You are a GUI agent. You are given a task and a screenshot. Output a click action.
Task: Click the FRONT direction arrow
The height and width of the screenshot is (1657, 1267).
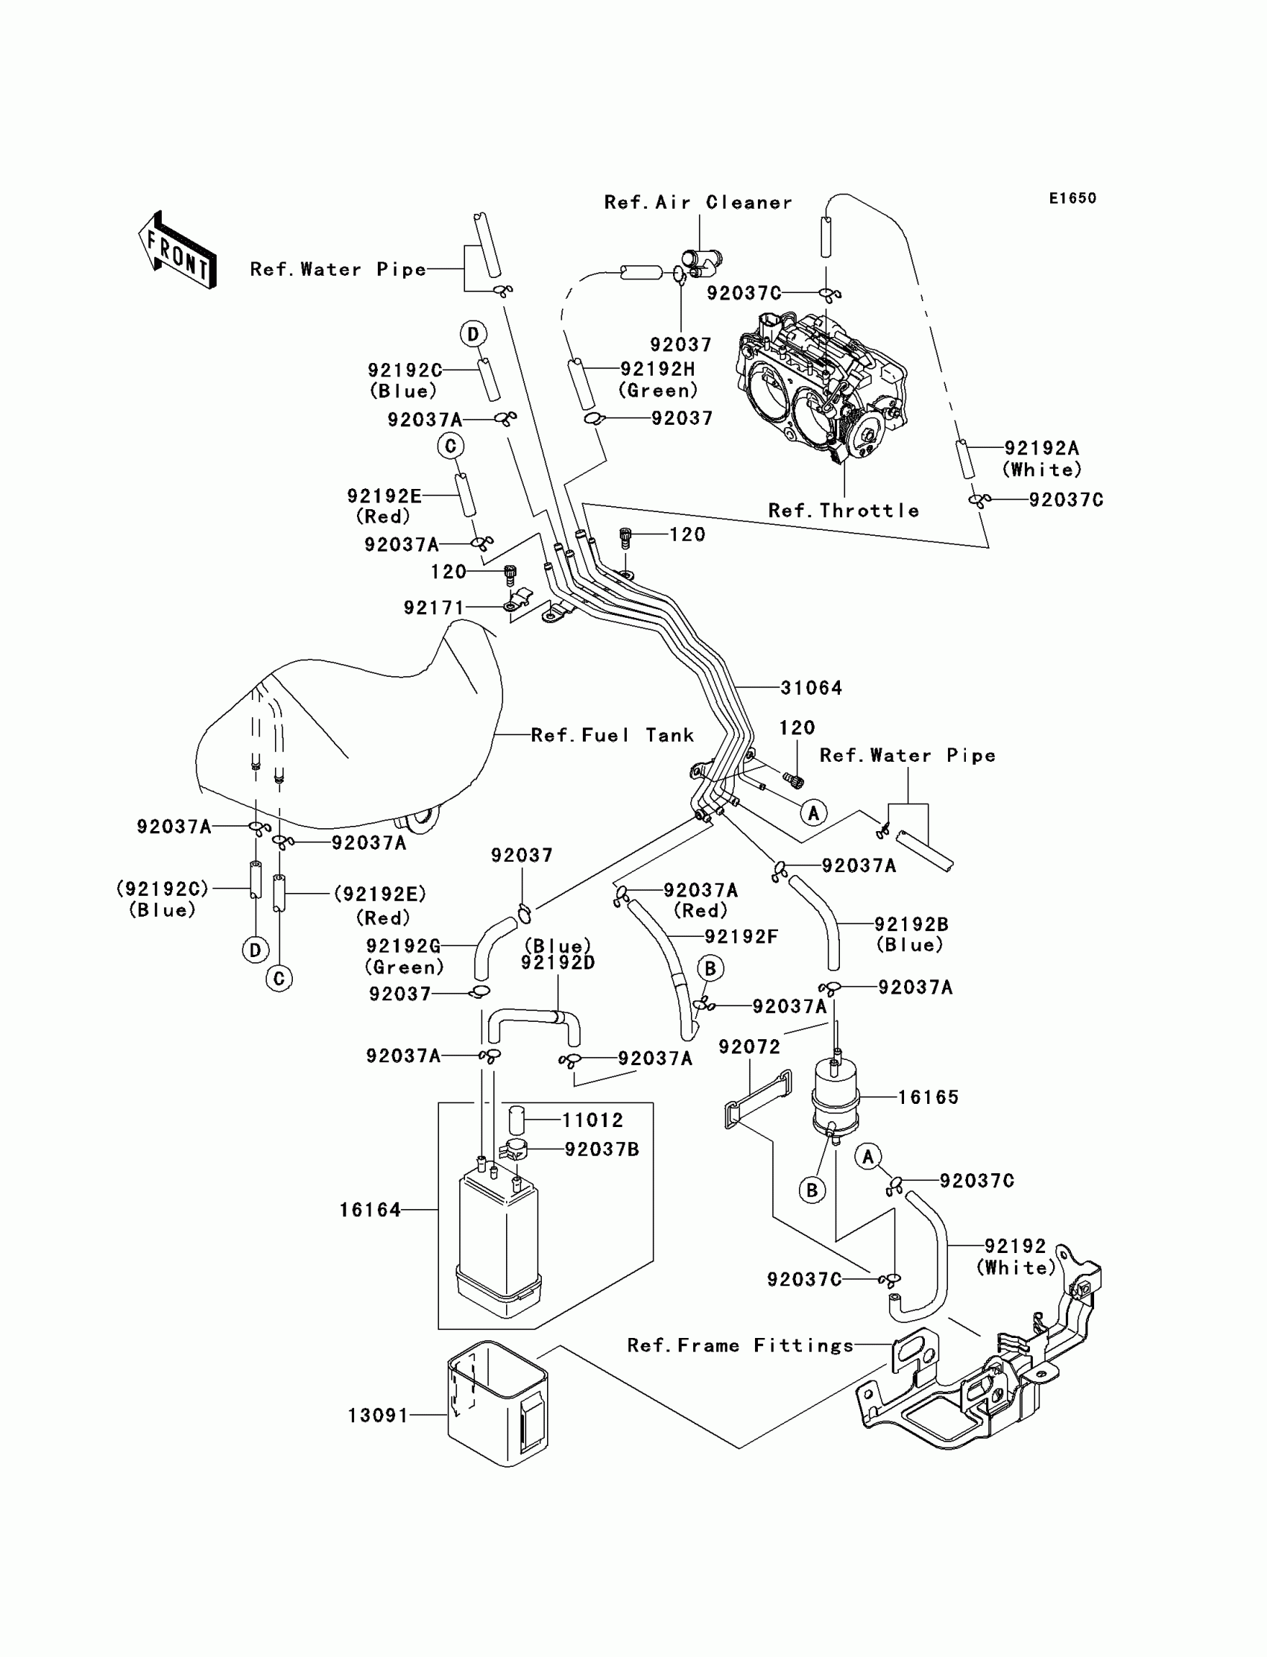178,250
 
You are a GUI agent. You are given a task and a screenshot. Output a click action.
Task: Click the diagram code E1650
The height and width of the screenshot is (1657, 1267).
1072,198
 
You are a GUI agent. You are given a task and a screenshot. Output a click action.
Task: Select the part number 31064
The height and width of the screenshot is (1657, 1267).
812,688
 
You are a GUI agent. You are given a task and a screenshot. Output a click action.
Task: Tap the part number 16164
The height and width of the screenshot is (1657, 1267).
370,1211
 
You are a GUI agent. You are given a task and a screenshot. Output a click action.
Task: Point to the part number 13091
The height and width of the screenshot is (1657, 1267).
378,1415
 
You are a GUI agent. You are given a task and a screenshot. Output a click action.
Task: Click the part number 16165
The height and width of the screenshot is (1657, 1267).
929,1097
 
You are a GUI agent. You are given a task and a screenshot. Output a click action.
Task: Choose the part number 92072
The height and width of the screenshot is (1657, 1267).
749,1047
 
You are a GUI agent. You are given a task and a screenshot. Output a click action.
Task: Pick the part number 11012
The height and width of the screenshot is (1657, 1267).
593,1121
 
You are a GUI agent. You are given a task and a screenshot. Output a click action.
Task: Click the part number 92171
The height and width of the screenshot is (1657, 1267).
434,608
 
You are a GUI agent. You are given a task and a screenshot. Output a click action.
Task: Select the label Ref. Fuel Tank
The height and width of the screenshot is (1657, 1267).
613,736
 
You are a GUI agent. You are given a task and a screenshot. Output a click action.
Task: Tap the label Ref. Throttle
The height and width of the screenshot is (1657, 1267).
844,511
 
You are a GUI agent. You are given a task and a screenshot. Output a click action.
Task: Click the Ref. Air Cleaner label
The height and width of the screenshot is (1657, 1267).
698,202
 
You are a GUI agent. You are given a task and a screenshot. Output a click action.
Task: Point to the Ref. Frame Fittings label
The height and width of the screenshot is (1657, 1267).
741,1345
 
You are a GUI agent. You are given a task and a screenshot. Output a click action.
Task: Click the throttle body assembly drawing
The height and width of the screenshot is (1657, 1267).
822,385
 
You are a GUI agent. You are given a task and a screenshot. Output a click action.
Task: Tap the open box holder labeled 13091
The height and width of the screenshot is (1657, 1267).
499,1404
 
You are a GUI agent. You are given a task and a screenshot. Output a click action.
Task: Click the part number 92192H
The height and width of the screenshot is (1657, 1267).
657,369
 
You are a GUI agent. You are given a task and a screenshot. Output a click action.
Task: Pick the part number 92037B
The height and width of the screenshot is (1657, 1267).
602,1149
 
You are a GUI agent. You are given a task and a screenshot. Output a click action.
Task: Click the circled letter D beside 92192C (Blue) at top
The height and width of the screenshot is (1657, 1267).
473,333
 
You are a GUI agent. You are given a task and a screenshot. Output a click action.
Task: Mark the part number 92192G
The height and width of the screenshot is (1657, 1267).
402,946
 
